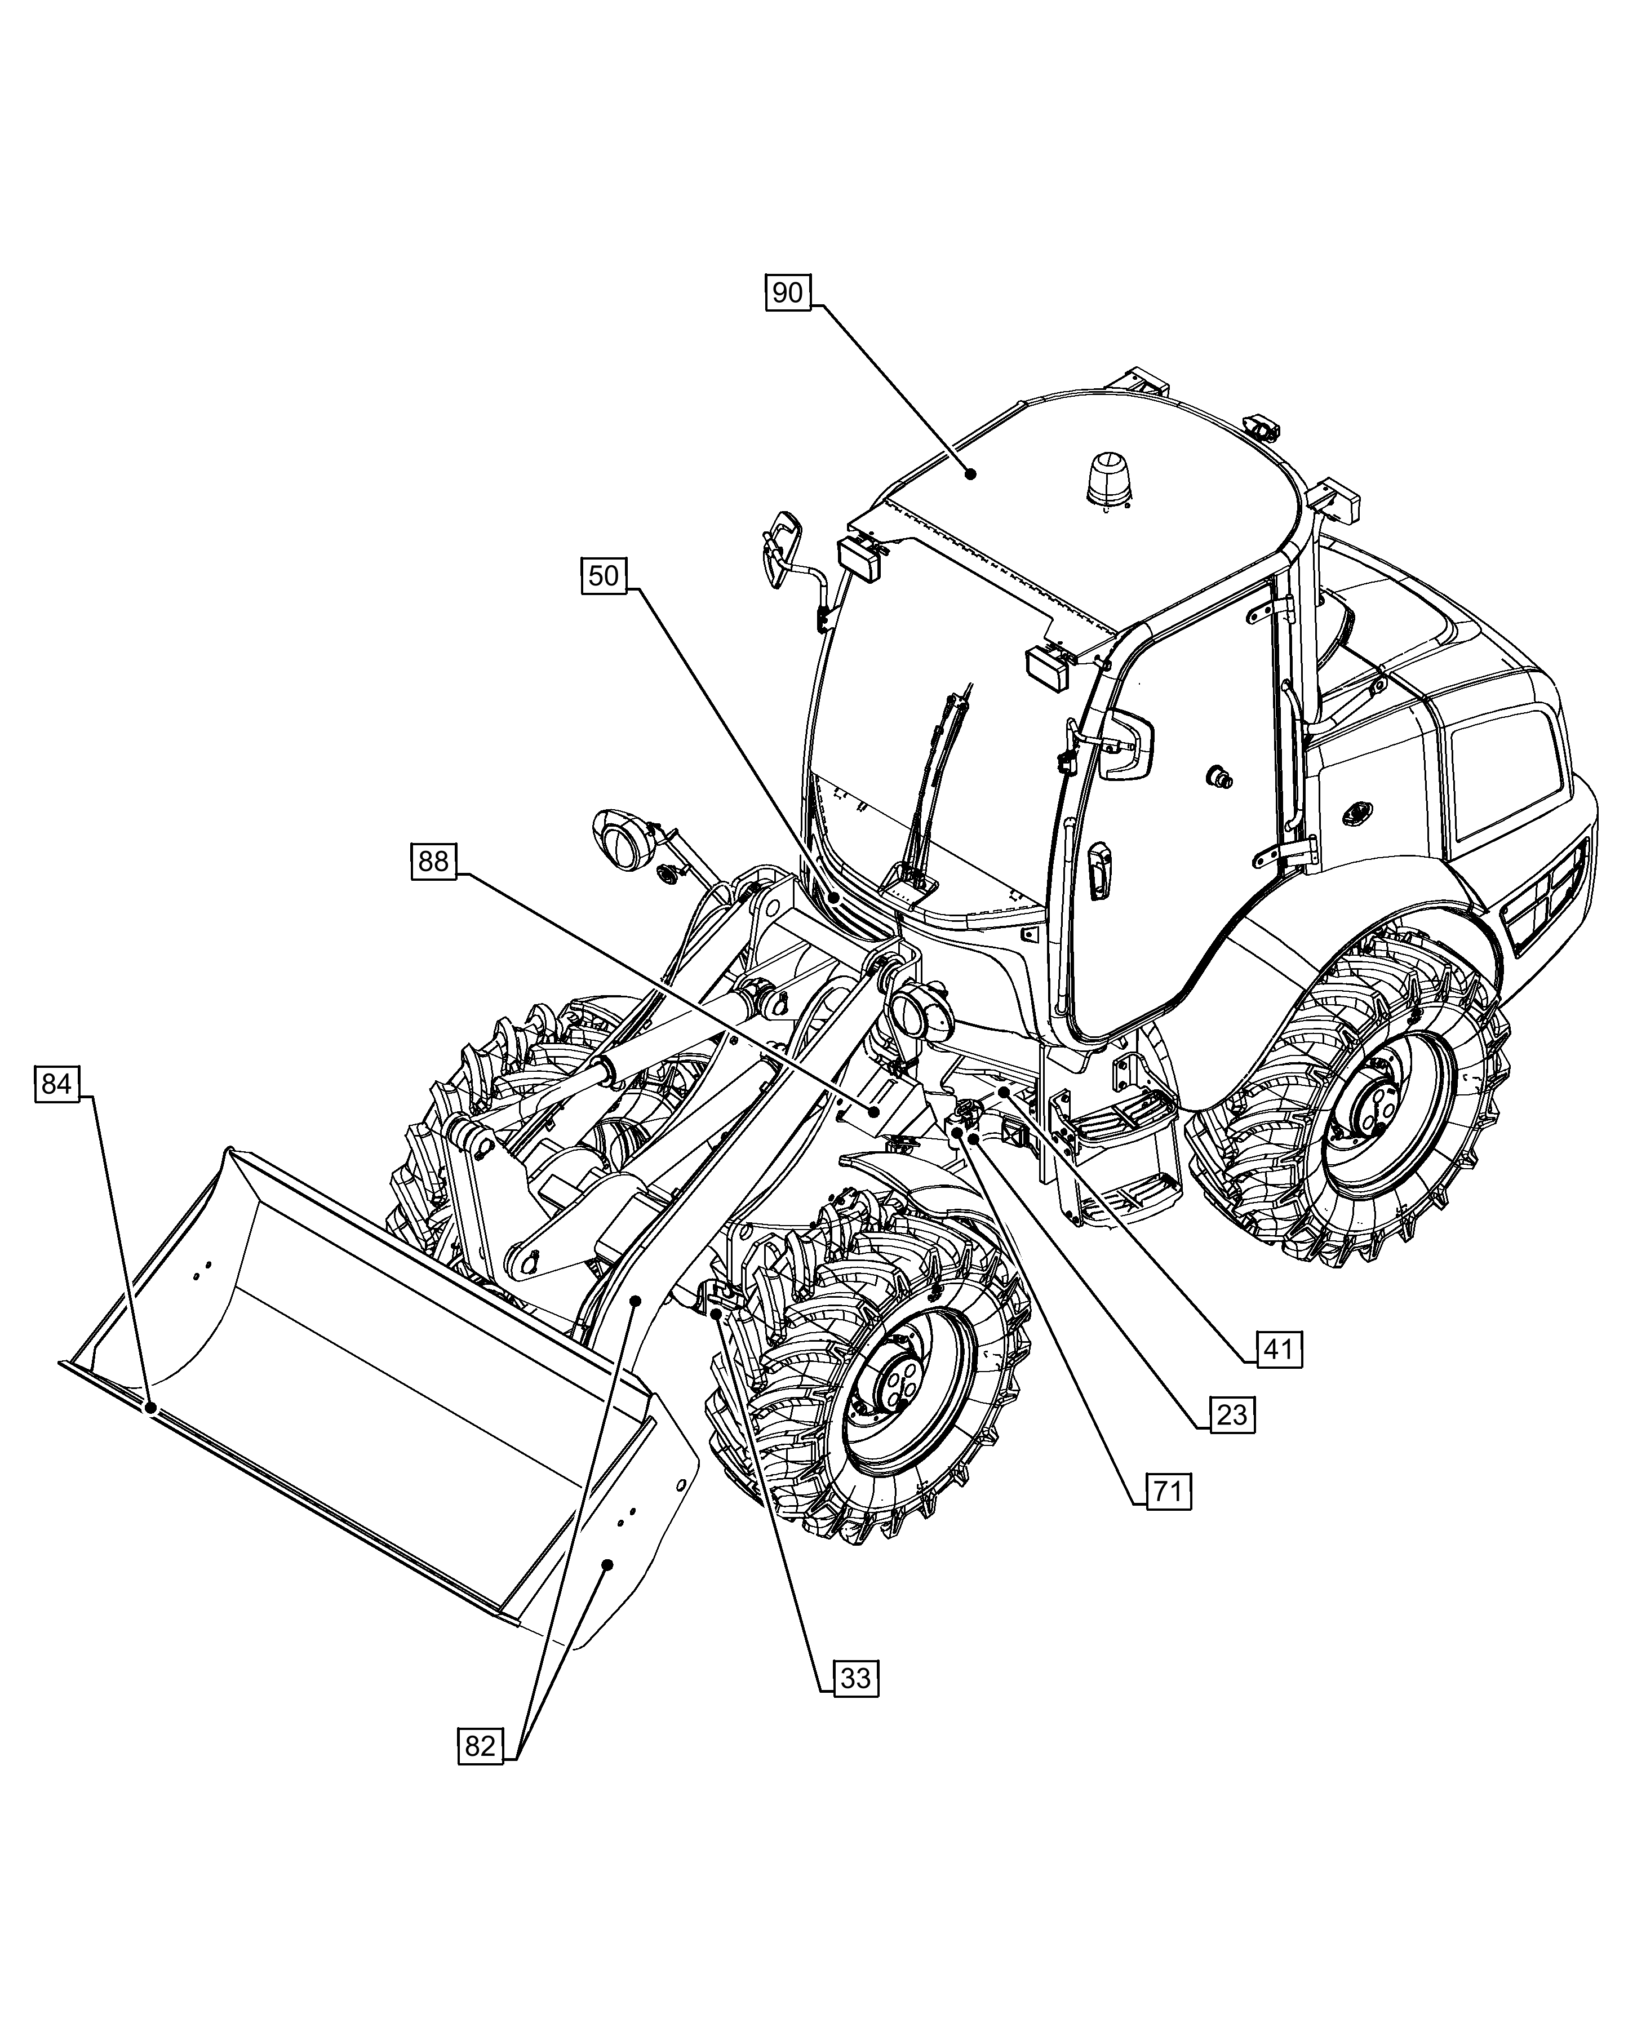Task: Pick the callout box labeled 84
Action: click(x=56, y=1083)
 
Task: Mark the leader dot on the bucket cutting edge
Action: click(x=150, y=1408)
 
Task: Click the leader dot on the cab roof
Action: click(x=970, y=473)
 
